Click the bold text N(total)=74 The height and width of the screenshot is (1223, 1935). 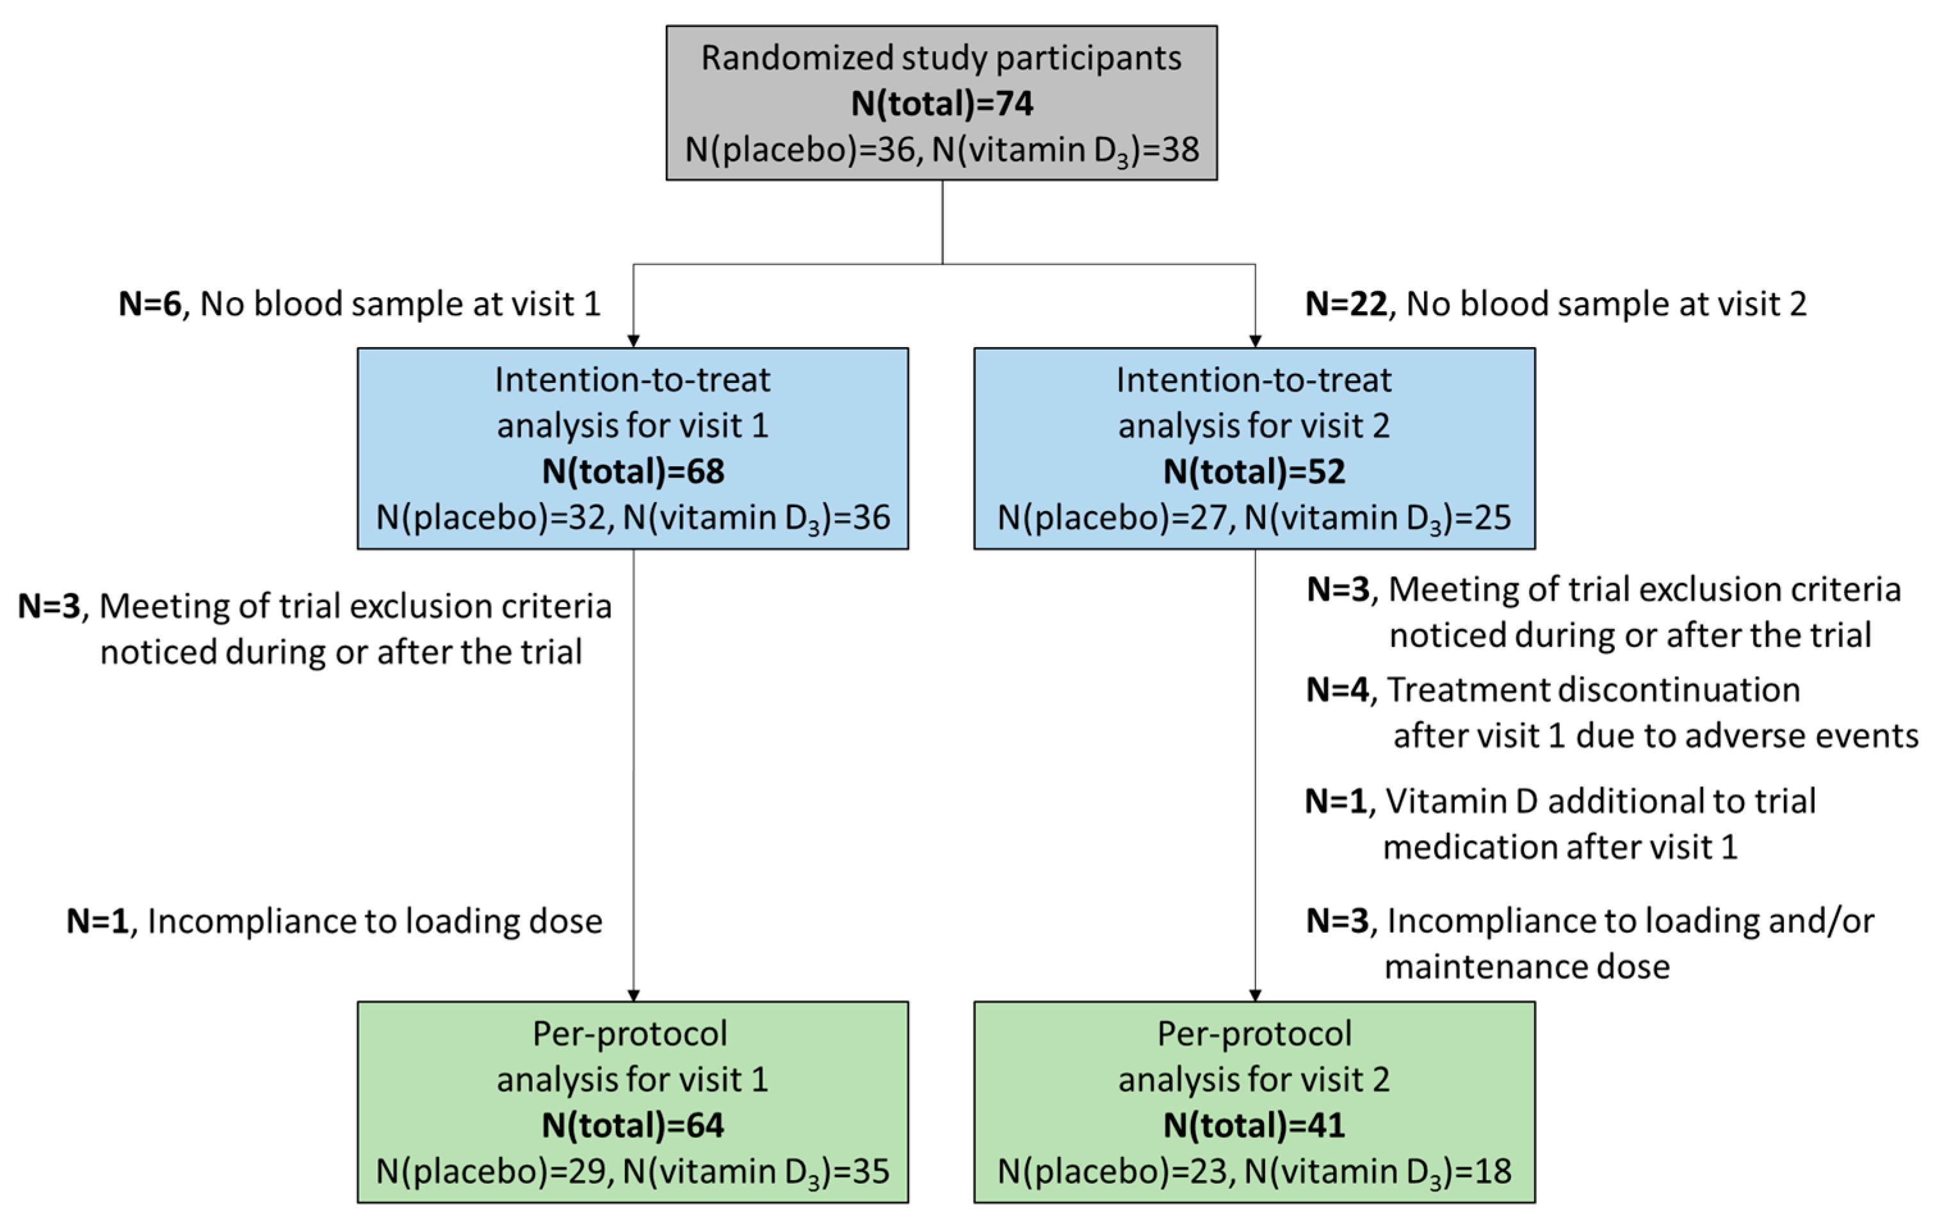(942, 104)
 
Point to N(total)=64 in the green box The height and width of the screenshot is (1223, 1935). (633, 1125)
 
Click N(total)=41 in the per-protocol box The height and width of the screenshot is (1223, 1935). (1254, 1125)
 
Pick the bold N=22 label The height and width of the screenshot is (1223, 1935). (1346, 304)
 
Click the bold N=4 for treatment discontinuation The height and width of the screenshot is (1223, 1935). (1337, 690)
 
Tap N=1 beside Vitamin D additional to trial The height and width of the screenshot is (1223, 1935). (1336, 801)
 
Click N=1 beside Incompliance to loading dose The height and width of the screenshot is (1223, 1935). (97, 921)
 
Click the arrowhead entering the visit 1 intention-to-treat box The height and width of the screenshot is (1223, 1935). (633, 341)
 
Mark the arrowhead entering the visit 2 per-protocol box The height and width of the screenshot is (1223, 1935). (1255, 995)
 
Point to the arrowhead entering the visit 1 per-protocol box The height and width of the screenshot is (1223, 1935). (633, 995)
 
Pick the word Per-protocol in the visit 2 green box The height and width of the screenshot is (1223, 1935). (1254, 1034)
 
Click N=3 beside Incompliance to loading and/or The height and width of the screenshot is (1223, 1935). (1337, 921)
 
